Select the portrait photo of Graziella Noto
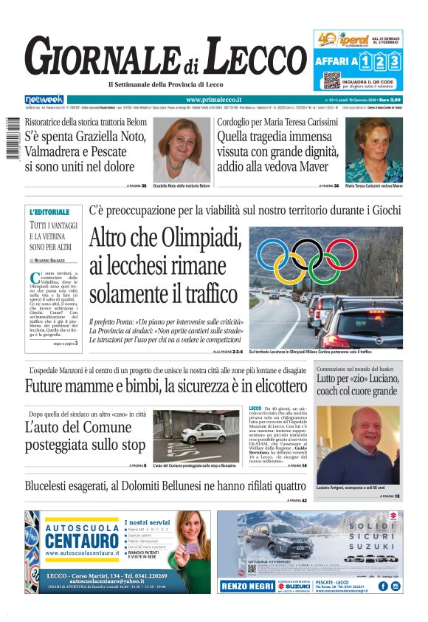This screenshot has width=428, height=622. point(182,150)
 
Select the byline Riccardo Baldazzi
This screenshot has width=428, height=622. point(49,261)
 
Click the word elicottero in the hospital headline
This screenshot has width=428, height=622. point(269,386)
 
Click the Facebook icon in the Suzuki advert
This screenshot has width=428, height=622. point(382,586)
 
